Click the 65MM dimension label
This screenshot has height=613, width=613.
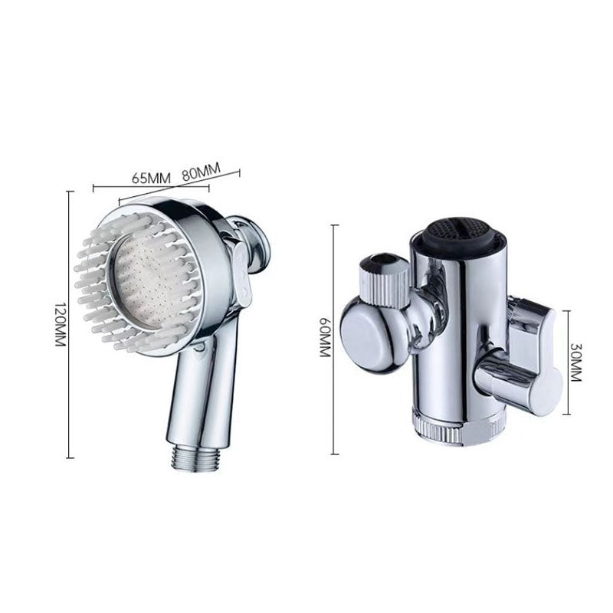pos(150,178)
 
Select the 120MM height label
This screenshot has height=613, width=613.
pos(59,324)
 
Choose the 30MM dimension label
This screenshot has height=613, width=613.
pos(577,362)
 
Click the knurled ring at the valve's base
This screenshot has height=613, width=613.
pos(457,425)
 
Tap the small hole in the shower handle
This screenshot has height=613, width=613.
pos(201,349)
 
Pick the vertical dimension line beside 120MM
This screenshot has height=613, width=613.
pos(70,324)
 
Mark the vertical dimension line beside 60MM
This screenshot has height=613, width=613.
pos(334,339)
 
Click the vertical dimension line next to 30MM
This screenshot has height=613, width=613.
pos(568,362)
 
